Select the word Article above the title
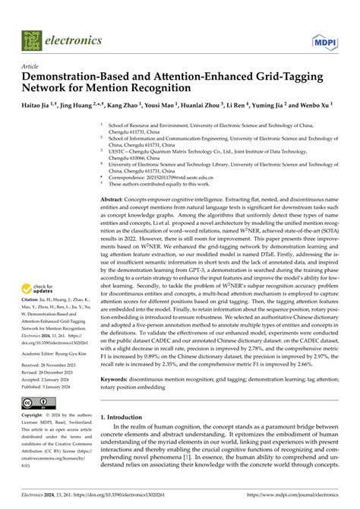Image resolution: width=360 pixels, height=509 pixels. point(33,66)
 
